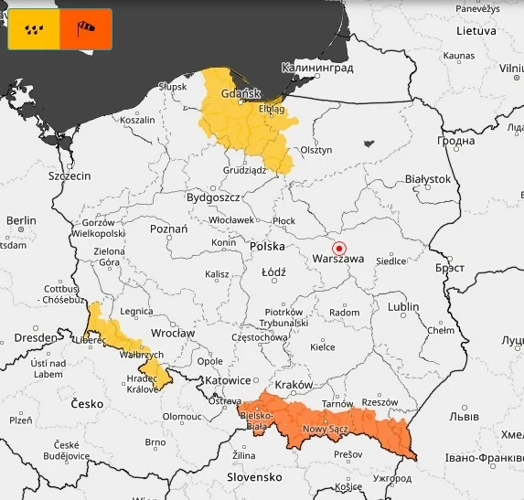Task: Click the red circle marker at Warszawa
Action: (x=339, y=248)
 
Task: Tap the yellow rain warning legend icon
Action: (x=34, y=29)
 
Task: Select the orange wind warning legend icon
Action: (x=86, y=29)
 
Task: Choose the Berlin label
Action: (x=20, y=220)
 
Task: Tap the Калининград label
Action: (x=316, y=68)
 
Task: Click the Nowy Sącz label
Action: (x=326, y=429)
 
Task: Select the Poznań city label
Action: (x=168, y=229)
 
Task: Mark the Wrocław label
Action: (x=173, y=334)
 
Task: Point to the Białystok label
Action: (x=428, y=179)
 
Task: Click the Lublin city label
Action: (x=402, y=307)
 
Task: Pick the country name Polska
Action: (x=267, y=246)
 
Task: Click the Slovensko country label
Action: (x=254, y=477)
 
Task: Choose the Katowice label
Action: (x=227, y=380)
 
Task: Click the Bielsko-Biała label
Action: (x=255, y=420)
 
